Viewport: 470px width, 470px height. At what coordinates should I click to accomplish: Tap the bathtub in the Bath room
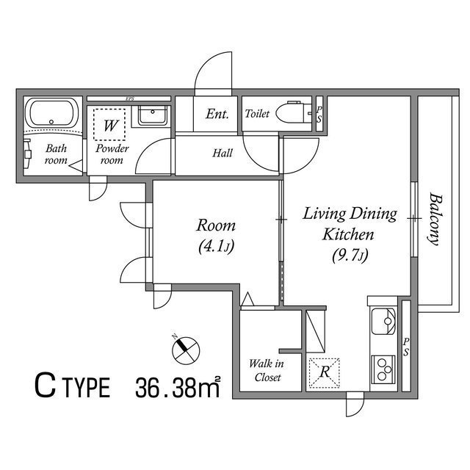point(52,115)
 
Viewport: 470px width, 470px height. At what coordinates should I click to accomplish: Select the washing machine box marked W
point(109,126)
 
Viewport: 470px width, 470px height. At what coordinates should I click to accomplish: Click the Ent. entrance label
point(217,115)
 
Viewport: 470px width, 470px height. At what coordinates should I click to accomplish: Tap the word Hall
point(223,153)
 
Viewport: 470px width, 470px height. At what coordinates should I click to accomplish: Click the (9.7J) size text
point(350,256)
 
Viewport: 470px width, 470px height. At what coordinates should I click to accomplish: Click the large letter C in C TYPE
point(46,386)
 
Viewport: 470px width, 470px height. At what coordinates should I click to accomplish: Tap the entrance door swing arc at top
point(214,73)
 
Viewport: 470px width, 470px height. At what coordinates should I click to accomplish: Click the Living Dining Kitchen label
point(350,225)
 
